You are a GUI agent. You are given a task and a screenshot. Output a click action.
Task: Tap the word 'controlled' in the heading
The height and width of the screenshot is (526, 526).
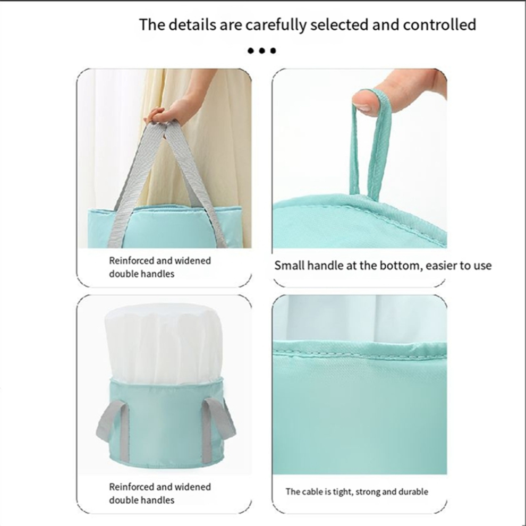[439, 24]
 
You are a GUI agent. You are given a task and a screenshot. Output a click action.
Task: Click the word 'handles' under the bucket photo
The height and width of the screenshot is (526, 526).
[157, 500]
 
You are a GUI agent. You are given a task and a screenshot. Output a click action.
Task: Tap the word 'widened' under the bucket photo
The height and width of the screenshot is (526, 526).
[194, 487]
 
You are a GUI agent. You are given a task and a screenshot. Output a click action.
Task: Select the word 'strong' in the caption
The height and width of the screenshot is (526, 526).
[368, 491]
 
